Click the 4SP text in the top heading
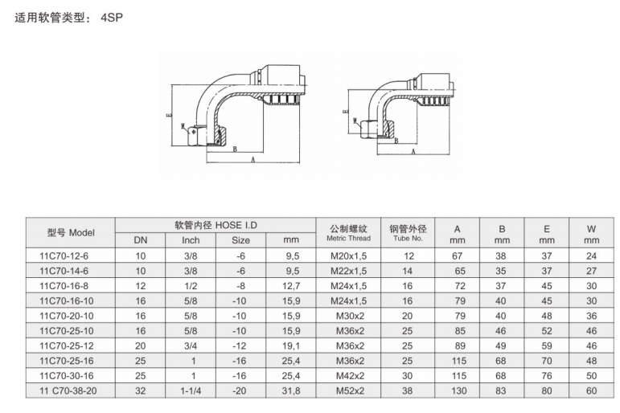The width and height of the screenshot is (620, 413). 112,17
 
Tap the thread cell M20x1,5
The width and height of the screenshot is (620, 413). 348,256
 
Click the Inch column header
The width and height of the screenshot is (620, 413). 191,240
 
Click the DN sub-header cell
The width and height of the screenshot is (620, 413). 141,240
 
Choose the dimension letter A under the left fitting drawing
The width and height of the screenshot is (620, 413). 253,161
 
